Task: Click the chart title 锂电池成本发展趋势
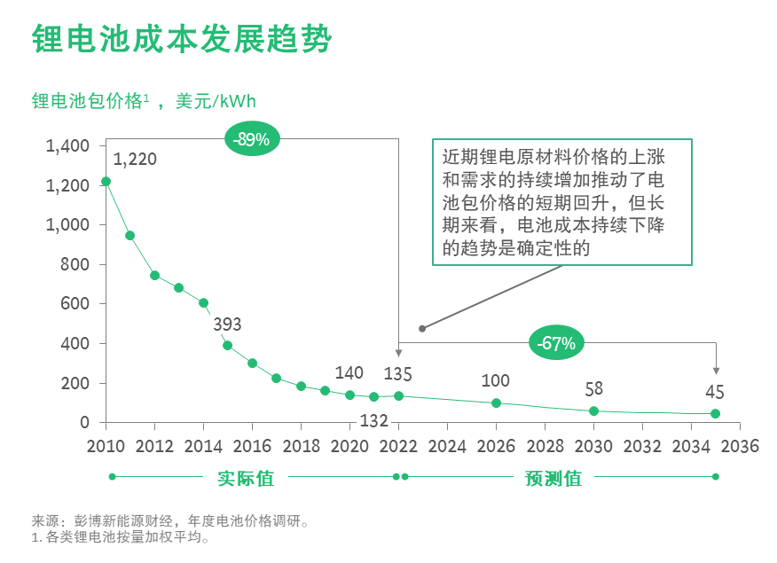click(x=181, y=39)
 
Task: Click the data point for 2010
click(x=106, y=182)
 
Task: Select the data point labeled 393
click(x=227, y=345)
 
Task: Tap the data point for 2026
click(x=496, y=403)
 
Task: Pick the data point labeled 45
click(x=715, y=413)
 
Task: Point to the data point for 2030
click(x=593, y=411)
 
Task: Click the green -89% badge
click(x=252, y=139)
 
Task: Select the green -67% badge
click(x=556, y=342)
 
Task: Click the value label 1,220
click(x=135, y=160)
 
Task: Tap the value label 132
click(x=373, y=421)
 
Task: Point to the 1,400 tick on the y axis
click(x=68, y=146)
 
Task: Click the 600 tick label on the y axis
click(x=75, y=303)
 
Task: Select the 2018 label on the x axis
click(x=301, y=446)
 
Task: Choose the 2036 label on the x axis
click(x=740, y=446)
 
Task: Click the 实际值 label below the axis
click(x=246, y=478)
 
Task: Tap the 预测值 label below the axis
click(x=553, y=478)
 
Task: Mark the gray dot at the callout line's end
click(x=422, y=328)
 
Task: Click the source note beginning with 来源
click(x=170, y=521)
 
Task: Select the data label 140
click(x=349, y=373)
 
